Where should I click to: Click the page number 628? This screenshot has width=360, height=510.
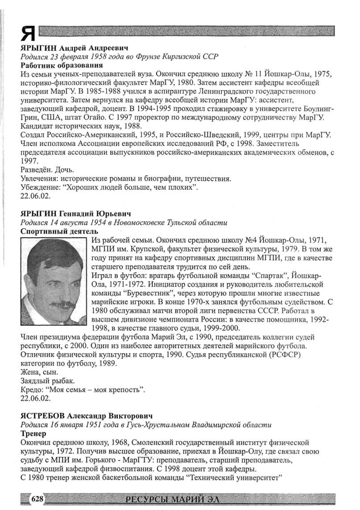(36, 498)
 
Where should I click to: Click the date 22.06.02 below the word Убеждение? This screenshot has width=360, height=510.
(34, 196)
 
